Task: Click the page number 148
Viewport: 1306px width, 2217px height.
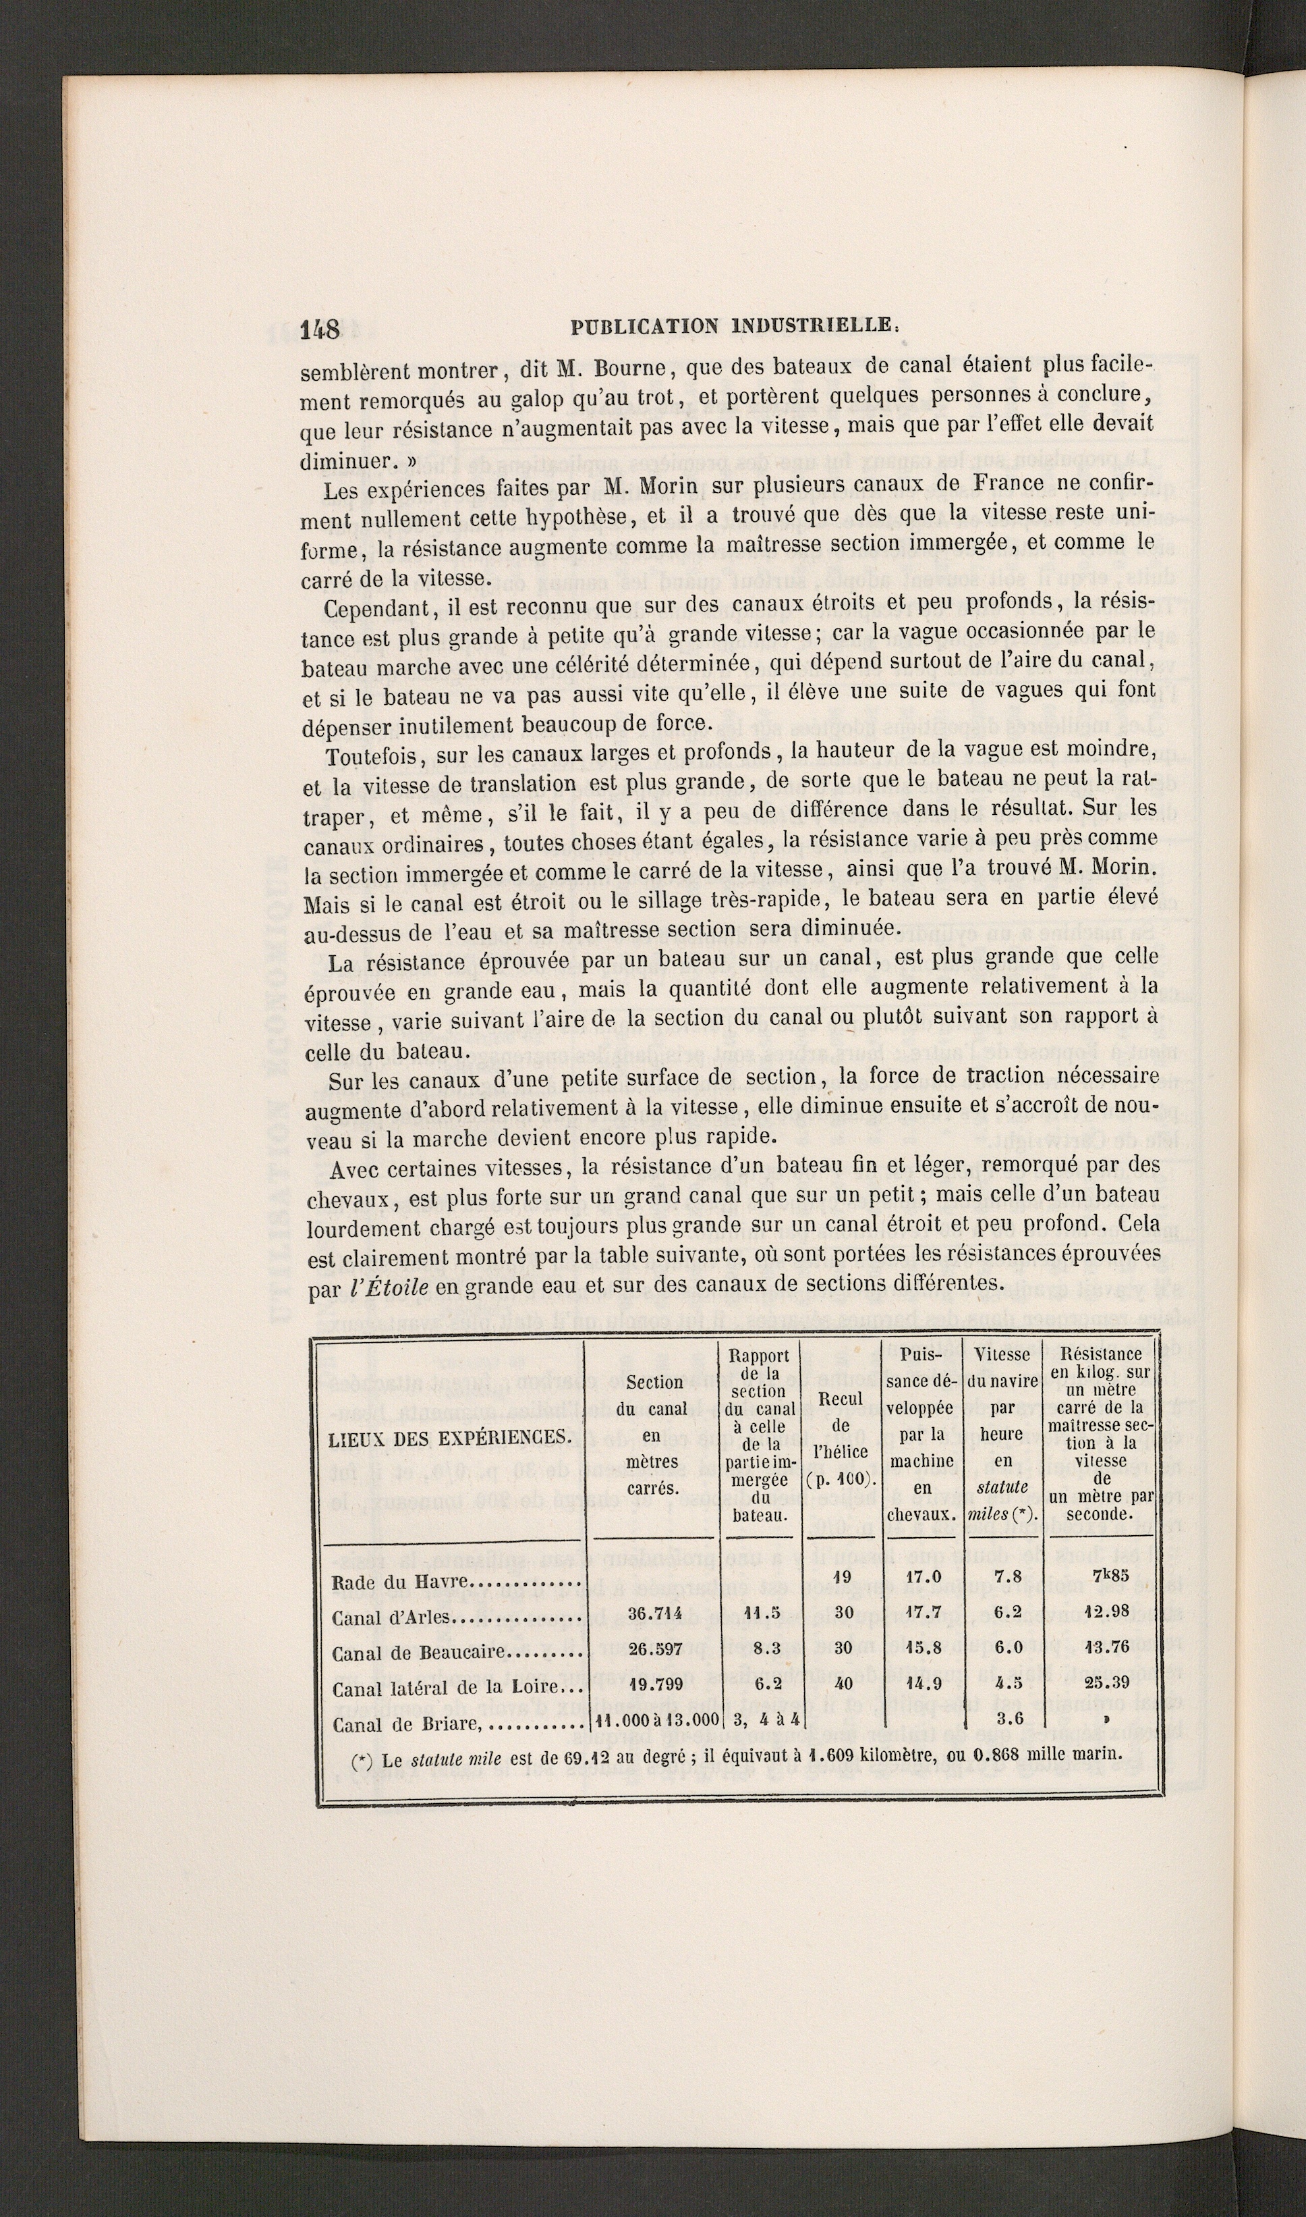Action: click(x=320, y=329)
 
